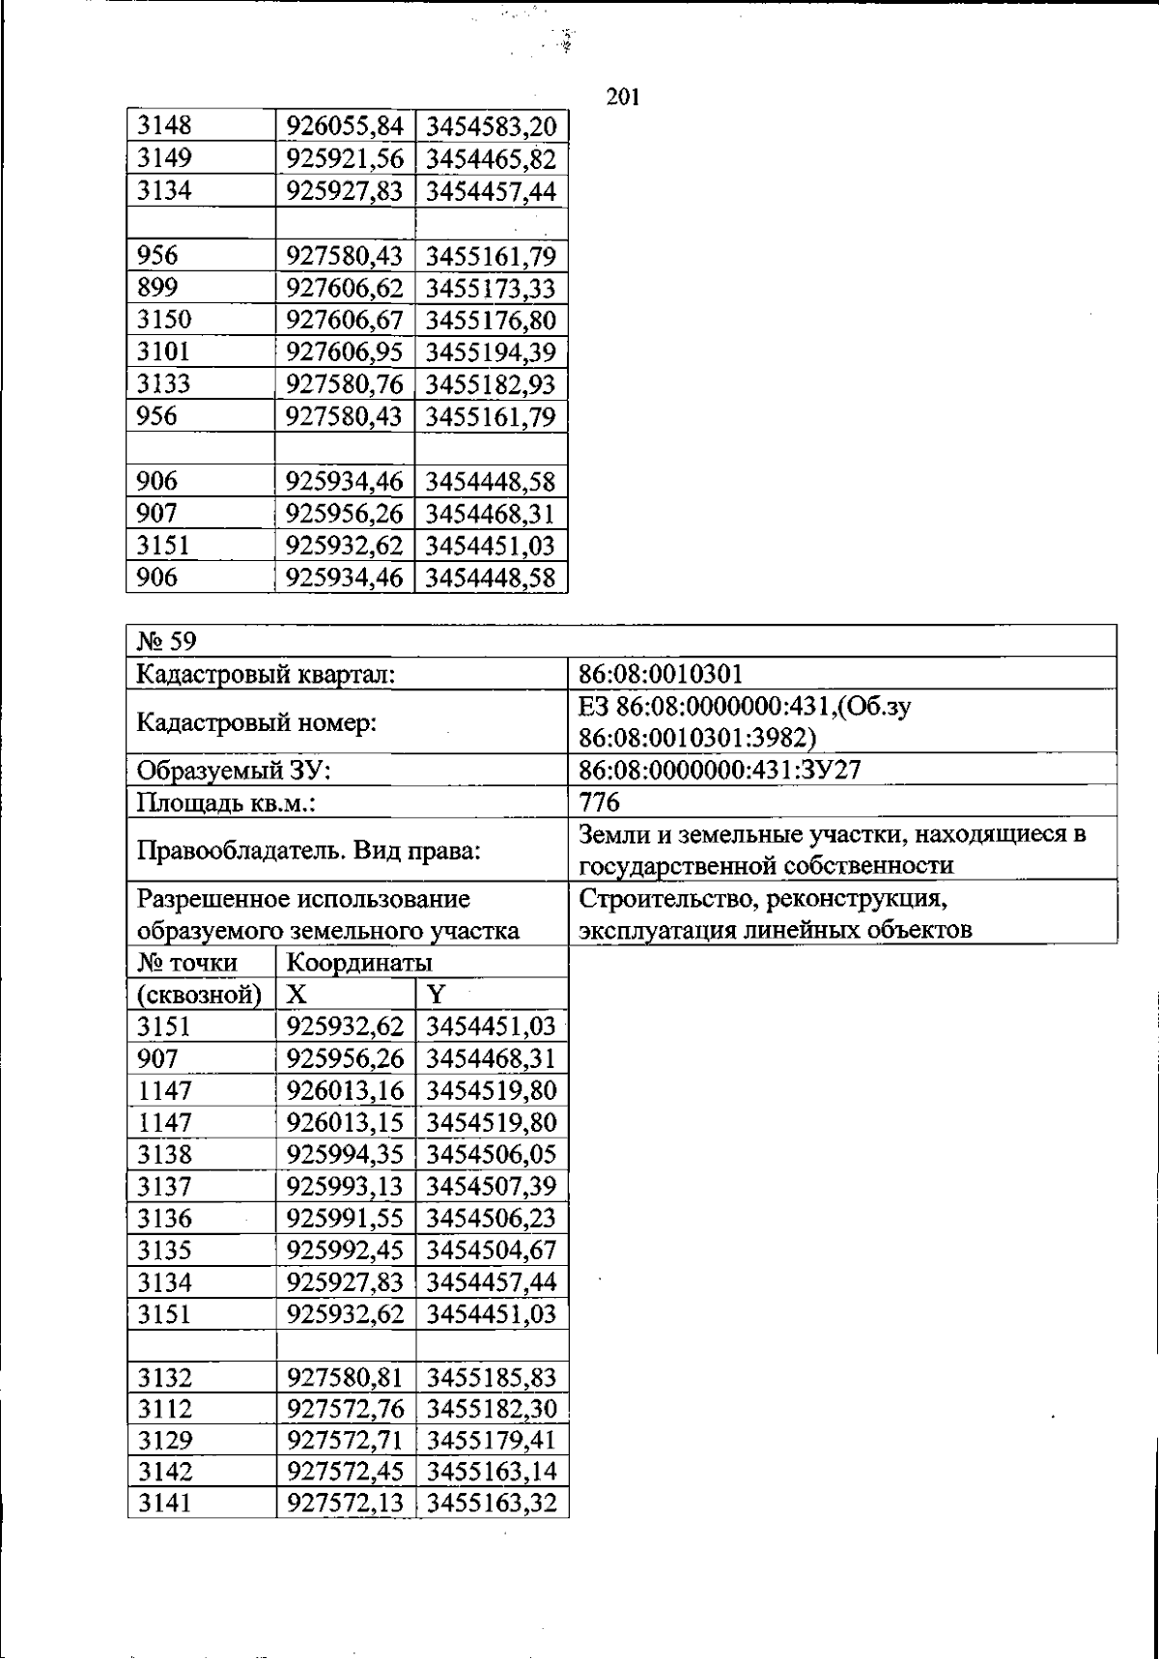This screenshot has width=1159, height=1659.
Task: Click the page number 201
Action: [x=624, y=97]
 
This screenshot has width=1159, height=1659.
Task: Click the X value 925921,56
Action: [x=345, y=158]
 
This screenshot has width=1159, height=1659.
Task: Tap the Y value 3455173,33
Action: [x=491, y=288]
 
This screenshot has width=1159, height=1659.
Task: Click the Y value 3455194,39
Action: [x=491, y=351]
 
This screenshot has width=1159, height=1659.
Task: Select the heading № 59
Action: [x=168, y=641]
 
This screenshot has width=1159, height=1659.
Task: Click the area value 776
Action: [x=599, y=802]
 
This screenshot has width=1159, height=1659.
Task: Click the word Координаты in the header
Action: [x=359, y=963]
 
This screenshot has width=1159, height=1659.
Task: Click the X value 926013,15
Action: [x=345, y=1122]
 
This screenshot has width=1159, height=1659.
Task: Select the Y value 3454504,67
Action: [x=491, y=1251]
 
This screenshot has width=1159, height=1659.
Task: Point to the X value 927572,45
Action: [x=345, y=1472]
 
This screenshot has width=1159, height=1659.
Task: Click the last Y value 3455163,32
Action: [x=491, y=1504]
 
